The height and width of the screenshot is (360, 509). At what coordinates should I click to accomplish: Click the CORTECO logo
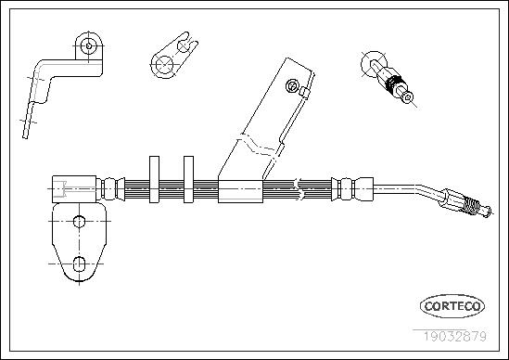(452, 306)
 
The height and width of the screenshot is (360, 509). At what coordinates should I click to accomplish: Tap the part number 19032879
(454, 336)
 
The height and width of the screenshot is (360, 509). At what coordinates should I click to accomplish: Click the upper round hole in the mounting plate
(79, 222)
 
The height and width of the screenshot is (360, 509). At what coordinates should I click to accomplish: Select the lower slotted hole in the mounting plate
(79, 264)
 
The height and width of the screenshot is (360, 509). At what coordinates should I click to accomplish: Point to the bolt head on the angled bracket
(291, 86)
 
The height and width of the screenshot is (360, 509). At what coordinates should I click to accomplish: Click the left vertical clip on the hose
(154, 179)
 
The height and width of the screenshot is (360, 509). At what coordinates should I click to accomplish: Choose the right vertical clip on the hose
(188, 179)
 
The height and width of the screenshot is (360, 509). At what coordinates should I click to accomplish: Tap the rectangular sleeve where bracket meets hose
(240, 191)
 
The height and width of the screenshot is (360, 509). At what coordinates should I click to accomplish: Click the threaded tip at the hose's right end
(471, 207)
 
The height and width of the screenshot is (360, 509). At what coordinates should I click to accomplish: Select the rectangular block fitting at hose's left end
(74, 189)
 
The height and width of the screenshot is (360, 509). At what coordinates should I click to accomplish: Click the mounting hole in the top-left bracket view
(89, 46)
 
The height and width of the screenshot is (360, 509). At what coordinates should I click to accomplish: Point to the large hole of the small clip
(164, 65)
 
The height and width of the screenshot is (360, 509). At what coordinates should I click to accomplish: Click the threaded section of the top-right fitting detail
(394, 84)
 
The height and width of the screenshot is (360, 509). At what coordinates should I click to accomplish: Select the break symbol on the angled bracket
(257, 147)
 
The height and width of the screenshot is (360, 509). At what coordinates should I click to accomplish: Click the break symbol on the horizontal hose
(299, 189)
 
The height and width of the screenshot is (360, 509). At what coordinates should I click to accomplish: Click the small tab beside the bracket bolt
(304, 92)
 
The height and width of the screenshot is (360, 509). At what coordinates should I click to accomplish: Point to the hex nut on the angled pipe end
(452, 199)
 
